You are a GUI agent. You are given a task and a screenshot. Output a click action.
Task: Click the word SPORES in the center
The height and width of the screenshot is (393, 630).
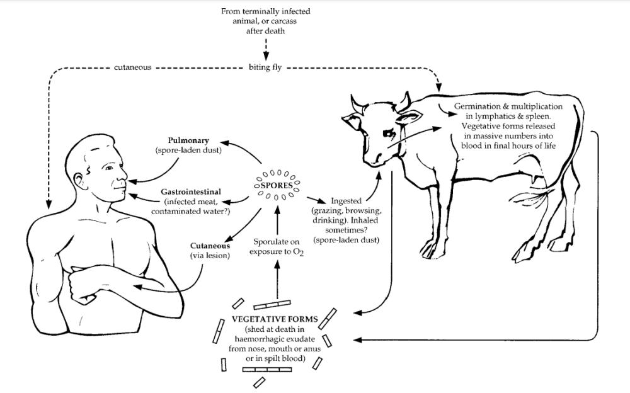[277, 186]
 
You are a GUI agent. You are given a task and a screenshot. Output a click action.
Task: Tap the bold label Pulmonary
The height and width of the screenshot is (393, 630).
[188, 140]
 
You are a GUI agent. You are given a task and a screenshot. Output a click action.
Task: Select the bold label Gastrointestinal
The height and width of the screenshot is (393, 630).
[191, 192]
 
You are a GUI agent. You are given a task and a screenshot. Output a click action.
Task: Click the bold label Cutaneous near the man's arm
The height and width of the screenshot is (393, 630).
[210, 246]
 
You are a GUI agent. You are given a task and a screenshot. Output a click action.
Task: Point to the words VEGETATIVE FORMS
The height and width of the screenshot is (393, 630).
[275, 319]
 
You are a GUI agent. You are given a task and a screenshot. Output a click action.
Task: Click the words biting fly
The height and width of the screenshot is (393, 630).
[265, 67]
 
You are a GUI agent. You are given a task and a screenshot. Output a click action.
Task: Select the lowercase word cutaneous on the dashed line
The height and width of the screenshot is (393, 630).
[132, 67]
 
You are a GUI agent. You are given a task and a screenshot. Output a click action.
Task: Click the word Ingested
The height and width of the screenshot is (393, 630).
[346, 201]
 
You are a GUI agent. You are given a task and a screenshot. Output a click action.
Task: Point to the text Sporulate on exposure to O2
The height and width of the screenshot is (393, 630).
[277, 247]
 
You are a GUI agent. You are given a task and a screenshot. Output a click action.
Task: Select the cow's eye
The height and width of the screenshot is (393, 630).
[388, 133]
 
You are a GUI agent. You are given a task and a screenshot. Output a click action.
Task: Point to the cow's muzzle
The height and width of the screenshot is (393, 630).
[373, 159]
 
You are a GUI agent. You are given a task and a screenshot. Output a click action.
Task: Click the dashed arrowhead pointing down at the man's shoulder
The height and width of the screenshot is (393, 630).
[49, 205]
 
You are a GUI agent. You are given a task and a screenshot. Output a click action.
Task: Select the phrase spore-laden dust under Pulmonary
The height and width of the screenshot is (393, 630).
[188, 151]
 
